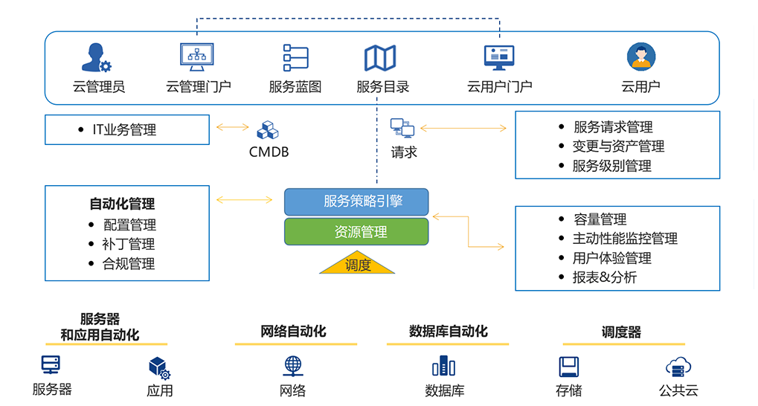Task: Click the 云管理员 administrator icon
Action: click(97, 57)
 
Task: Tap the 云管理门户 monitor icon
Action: click(197, 57)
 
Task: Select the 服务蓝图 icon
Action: click(295, 58)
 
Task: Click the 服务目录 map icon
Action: click(380, 58)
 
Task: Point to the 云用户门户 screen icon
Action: click(499, 57)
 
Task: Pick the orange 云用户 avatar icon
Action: click(640, 57)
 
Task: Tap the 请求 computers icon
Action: click(402, 128)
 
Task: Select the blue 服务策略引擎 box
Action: click(356, 202)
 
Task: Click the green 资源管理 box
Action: click(356, 232)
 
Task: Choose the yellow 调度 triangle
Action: click(357, 264)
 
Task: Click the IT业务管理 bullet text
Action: click(124, 130)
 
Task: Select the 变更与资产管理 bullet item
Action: click(618, 146)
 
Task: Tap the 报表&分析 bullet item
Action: click(604, 277)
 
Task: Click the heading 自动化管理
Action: click(122, 204)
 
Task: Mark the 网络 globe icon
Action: click(293, 366)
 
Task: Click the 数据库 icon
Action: click(443, 366)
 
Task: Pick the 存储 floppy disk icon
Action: click(569, 366)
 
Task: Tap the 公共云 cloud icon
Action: click(678, 366)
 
